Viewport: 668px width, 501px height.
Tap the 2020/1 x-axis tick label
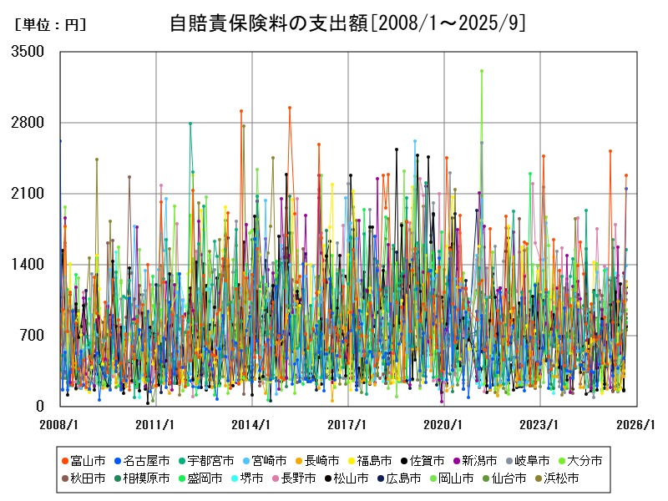tap(443, 424)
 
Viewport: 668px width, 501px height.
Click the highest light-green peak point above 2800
tap(482, 71)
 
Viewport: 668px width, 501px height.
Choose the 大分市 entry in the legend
tap(579, 460)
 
